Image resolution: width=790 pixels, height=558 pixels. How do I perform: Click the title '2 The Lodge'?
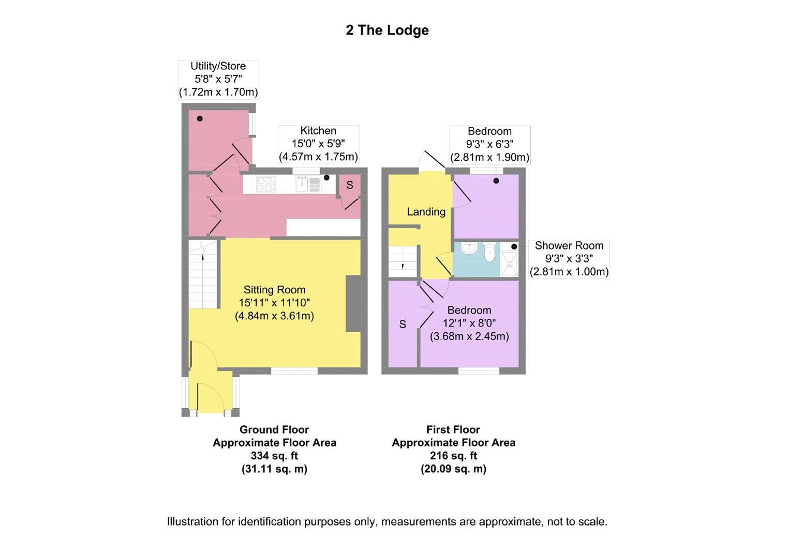tap(387, 30)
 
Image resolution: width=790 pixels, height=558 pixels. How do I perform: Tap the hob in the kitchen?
tap(266, 184)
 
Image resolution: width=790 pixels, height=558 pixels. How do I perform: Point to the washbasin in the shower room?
tap(469, 249)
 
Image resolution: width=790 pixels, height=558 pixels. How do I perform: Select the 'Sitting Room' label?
tap(274, 290)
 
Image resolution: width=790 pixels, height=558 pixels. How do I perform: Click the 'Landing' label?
tap(426, 212)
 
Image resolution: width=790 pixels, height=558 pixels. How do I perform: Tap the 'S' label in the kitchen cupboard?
tap(350, 185)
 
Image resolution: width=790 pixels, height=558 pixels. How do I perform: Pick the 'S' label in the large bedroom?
tap(403, 324)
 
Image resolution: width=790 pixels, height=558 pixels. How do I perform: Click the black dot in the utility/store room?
tap(200, 119)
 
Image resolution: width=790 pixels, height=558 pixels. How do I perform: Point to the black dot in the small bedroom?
tap(496, 181)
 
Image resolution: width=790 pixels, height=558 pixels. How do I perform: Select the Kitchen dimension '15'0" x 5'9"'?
tap(318, 144)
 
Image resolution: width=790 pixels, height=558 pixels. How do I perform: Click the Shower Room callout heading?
tap(569, 245)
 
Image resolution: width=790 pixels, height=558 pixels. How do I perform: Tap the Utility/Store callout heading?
tap(218, 66)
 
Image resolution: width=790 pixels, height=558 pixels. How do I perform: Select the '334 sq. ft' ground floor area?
tap(274, 456)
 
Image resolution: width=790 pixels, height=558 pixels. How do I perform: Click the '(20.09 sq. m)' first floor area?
tap(453, 469)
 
